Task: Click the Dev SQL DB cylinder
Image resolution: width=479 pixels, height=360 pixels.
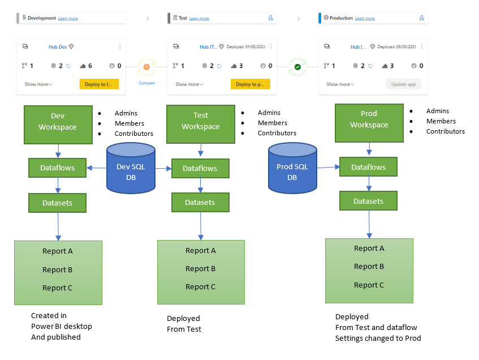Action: [x=131, y=167]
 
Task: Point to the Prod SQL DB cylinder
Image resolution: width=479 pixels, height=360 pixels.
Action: [x=292, y=167]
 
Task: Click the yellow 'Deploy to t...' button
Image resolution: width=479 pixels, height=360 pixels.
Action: [x=99, y=84]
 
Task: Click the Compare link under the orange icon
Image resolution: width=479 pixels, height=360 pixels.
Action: [x=146, y=83]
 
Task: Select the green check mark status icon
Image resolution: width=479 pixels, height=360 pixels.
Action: [x=297, y=67]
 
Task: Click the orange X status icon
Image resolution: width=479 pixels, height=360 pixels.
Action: [x=146, y=67]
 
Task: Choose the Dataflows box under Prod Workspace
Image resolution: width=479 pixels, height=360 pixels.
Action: [x=368, y=167]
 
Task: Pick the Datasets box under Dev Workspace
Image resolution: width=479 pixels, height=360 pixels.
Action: [x=57, y=203]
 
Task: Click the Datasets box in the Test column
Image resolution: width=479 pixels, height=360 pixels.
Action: [x=200, y=202]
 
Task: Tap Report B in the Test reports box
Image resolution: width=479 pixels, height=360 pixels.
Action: [x=200, y=269]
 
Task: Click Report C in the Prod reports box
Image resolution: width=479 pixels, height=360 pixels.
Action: [x=369, y=285]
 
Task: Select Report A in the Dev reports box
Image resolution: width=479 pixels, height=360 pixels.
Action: [x=57, y=251]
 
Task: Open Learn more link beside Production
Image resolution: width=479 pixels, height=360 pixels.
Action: [x=364, y=19]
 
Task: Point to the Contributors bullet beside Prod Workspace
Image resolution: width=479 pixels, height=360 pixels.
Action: [x=445, y=131]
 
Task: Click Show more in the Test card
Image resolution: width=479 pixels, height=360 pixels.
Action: [x=189, y=84]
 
